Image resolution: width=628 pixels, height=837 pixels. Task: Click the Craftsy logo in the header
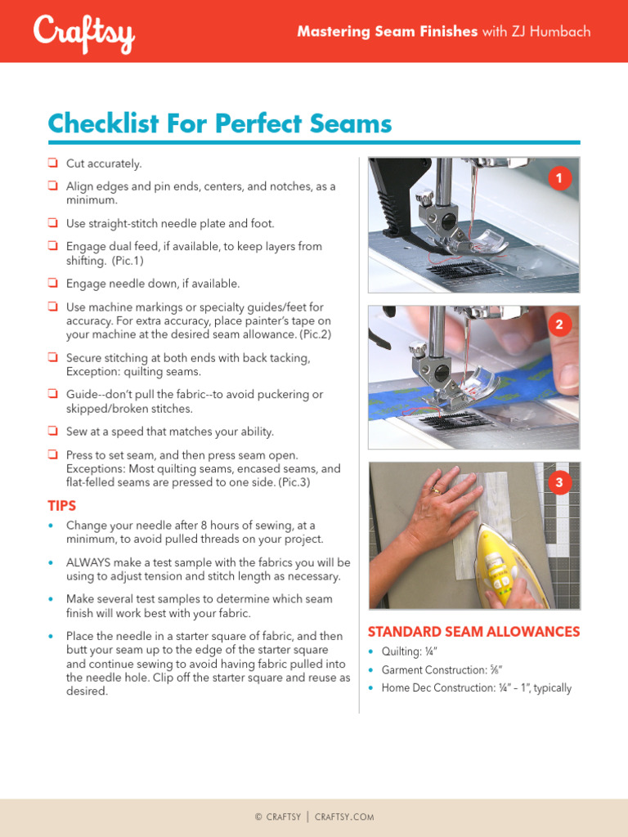(x=83, y=34)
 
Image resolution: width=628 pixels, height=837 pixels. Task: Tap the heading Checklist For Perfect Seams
(x=220, y=124)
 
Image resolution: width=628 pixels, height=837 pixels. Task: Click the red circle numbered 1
(x=559, y=178)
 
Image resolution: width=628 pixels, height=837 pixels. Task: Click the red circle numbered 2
(x=559, y=325)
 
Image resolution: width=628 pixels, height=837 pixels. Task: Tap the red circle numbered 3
(x=559, y=483)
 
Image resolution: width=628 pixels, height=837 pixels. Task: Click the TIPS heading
(x=62, y=506)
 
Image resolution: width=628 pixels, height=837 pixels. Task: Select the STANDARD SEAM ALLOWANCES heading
(x=473, y=632)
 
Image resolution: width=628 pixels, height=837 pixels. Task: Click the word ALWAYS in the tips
(x=91, y=562)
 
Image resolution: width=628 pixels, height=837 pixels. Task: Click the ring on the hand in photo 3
(x=435, y=491)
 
